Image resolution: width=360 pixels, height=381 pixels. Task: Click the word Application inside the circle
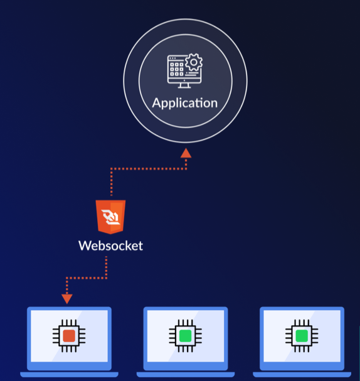pos(185,103)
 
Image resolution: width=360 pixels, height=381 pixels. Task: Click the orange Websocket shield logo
pos(110,217)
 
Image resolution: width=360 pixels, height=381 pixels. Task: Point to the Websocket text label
pos(110,245)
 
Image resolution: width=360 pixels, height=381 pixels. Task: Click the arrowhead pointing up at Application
pos(186,153)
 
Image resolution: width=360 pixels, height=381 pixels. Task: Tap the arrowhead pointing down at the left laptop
pos(67,298)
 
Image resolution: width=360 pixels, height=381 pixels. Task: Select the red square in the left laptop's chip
pos(69,335)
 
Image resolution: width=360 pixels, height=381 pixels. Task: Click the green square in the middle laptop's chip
pos(185,335)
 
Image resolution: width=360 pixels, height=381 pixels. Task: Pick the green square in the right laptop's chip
pos(302,335)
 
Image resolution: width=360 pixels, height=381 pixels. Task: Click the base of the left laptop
pos(69,374)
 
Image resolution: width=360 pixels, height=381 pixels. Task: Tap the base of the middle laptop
pos(185,374)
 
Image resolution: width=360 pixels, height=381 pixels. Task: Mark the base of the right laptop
pos(302,374)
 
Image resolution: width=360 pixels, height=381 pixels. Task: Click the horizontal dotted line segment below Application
pos(148,168)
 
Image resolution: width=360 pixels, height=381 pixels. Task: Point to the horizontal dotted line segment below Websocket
pos(87,277)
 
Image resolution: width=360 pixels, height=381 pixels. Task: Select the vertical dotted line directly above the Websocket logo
pos(111,183)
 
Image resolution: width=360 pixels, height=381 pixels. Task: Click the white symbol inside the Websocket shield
pos(110,218)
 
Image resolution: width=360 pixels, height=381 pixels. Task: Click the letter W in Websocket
pos(84,245)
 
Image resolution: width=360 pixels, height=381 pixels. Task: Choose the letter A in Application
pos(157,103)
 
